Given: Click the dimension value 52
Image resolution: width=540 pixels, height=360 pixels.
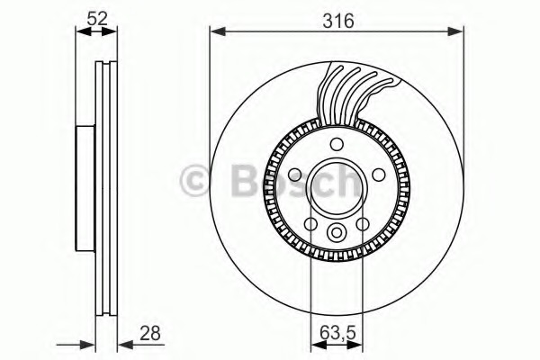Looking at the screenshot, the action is pos(97,18).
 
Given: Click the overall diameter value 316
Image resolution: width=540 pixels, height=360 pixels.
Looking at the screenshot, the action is pos(338,21).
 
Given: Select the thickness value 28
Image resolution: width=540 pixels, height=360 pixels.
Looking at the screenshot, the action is pos(150,334).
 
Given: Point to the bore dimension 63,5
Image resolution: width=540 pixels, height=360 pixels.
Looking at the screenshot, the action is pos(337,333).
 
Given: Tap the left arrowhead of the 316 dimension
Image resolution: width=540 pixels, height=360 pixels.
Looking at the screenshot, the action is pos(218,31).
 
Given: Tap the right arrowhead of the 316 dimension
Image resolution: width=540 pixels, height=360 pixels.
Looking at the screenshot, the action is pos(456,31).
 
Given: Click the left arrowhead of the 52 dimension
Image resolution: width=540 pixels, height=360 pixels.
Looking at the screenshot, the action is pos(83,31).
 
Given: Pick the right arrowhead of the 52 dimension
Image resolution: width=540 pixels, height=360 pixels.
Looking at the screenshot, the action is pos(110,31).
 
